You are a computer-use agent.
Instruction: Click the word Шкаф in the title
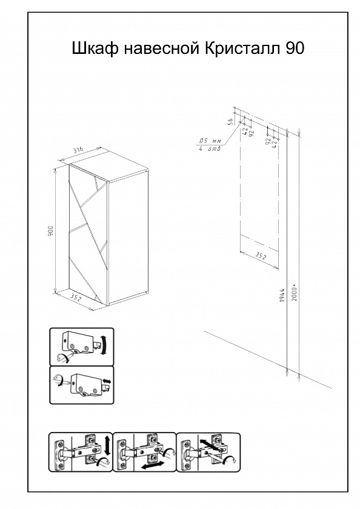pyautogui.click(x=95, y=48)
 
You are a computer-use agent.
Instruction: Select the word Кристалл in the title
pyautogui.click(x=244, y=48)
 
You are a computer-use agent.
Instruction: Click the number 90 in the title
pyautogui.click(x=295, y=48)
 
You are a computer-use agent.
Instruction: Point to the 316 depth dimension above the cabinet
pyautogui.click(x=78, y=150)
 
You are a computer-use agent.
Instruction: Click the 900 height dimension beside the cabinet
pyautogui.click(x=50, y=231)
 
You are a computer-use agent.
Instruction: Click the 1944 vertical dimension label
pyautogui.click(x=282, y=295)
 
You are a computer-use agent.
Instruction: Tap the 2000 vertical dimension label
pyautogui.click(x=294, y=294)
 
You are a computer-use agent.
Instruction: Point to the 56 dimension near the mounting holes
pyautogui.click(x=230, y=121)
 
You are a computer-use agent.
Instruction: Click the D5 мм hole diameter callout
pyautogui.click(x=210, y=142)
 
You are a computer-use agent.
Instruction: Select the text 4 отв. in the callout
pyautogui.click(x=210, y=149)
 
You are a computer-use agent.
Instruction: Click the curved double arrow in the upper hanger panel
pyautogui.click(x=104, y=345)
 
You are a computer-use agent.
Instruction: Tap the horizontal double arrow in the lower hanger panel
pyautogui.click(x=107, y=380)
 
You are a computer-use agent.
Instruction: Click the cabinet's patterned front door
pyautogui.click(x=88, y=235)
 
